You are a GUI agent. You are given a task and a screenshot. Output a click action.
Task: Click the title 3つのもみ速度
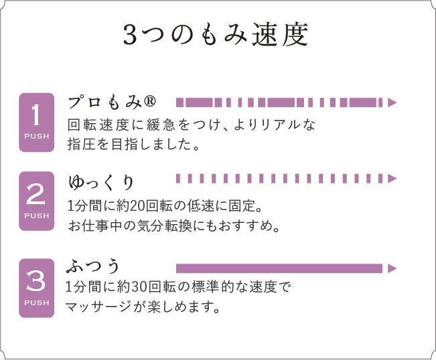point(216,34)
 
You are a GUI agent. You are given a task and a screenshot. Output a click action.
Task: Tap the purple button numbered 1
point(36,122)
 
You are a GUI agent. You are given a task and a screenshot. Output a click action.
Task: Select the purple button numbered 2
point(36,201)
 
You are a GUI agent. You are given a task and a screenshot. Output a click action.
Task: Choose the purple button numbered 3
point(36,288)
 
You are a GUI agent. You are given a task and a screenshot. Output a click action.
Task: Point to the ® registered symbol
point(150,101)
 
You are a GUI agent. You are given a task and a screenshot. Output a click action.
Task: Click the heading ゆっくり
point(101,183)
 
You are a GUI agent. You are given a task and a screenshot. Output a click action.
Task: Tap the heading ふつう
point(92,266)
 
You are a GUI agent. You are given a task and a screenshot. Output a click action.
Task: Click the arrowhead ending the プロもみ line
point(392,102)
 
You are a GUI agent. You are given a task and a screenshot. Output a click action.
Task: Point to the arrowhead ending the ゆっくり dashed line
point(392,179)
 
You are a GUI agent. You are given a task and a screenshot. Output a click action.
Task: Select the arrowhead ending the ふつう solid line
point(392,268)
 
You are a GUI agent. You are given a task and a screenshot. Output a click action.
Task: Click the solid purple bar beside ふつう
point(279,268)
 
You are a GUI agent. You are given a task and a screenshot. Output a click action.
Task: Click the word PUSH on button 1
point(36,137)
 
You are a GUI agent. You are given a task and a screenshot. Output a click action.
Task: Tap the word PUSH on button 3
point(36,302)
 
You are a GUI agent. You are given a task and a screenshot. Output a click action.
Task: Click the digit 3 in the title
point(129,35)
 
